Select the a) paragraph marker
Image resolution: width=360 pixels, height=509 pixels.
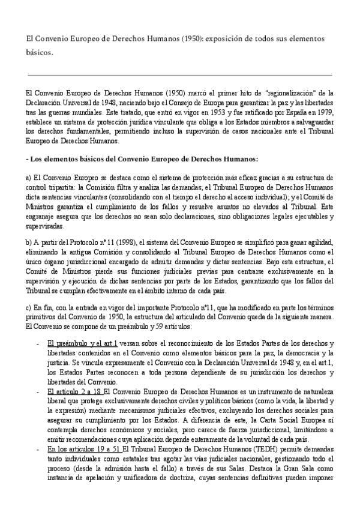pyautogui.click(x=28, y=178)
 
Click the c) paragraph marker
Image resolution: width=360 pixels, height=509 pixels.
pyautogui.click(x=28, y=306)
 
